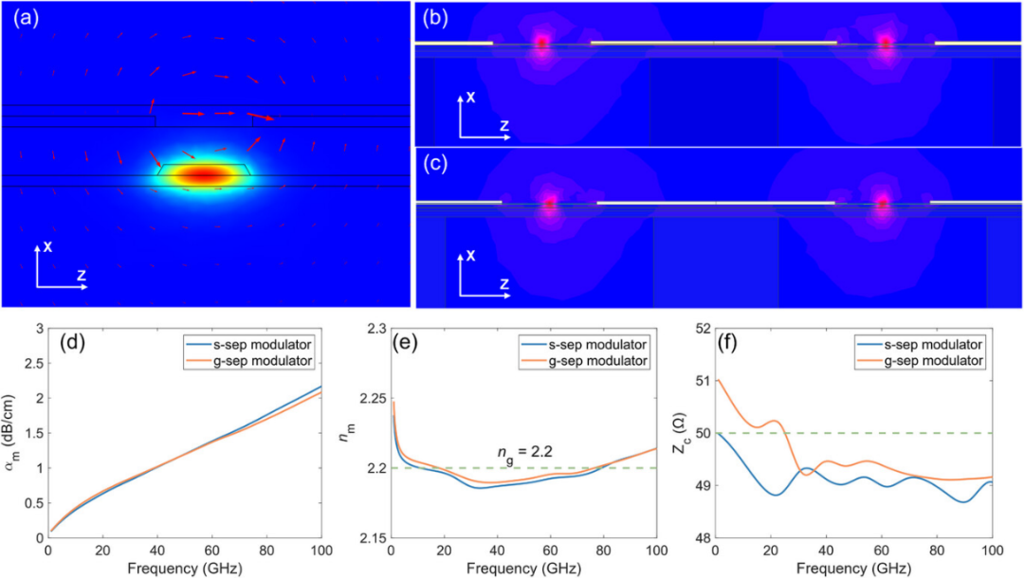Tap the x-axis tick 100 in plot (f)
coord(992,551)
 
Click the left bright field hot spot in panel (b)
coord(541,43)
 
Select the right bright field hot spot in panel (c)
coord(883,202)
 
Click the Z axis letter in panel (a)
coord(83,276)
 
